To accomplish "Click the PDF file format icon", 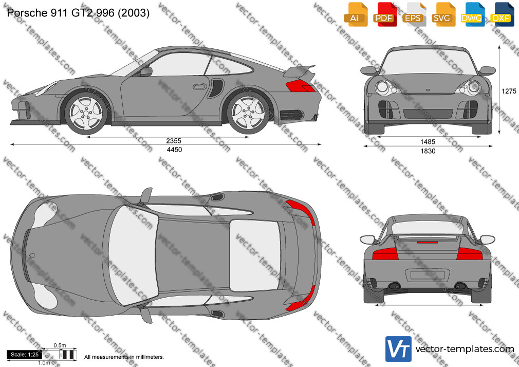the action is [385, 14].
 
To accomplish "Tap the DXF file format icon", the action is [502, 14].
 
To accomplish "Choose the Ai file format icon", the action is [356, 14].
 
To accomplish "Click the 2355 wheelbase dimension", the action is [174, 141].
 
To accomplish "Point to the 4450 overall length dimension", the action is [174, 150].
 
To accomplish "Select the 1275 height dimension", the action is [509, 91].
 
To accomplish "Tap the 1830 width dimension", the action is [428, 151].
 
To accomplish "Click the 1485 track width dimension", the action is [428, 142].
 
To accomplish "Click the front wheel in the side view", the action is [86, 113].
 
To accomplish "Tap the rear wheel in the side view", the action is [248, 113].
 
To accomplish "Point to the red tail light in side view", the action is [300, 86].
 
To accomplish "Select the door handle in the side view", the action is [199, 87].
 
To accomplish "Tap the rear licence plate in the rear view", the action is [428, 275].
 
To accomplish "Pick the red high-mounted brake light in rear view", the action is [428, 243].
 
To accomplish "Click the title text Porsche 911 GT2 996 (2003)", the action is [78, 13].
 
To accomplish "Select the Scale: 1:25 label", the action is [25, 355].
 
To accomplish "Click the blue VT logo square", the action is [399, 349].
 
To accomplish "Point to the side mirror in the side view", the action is [145, 71].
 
